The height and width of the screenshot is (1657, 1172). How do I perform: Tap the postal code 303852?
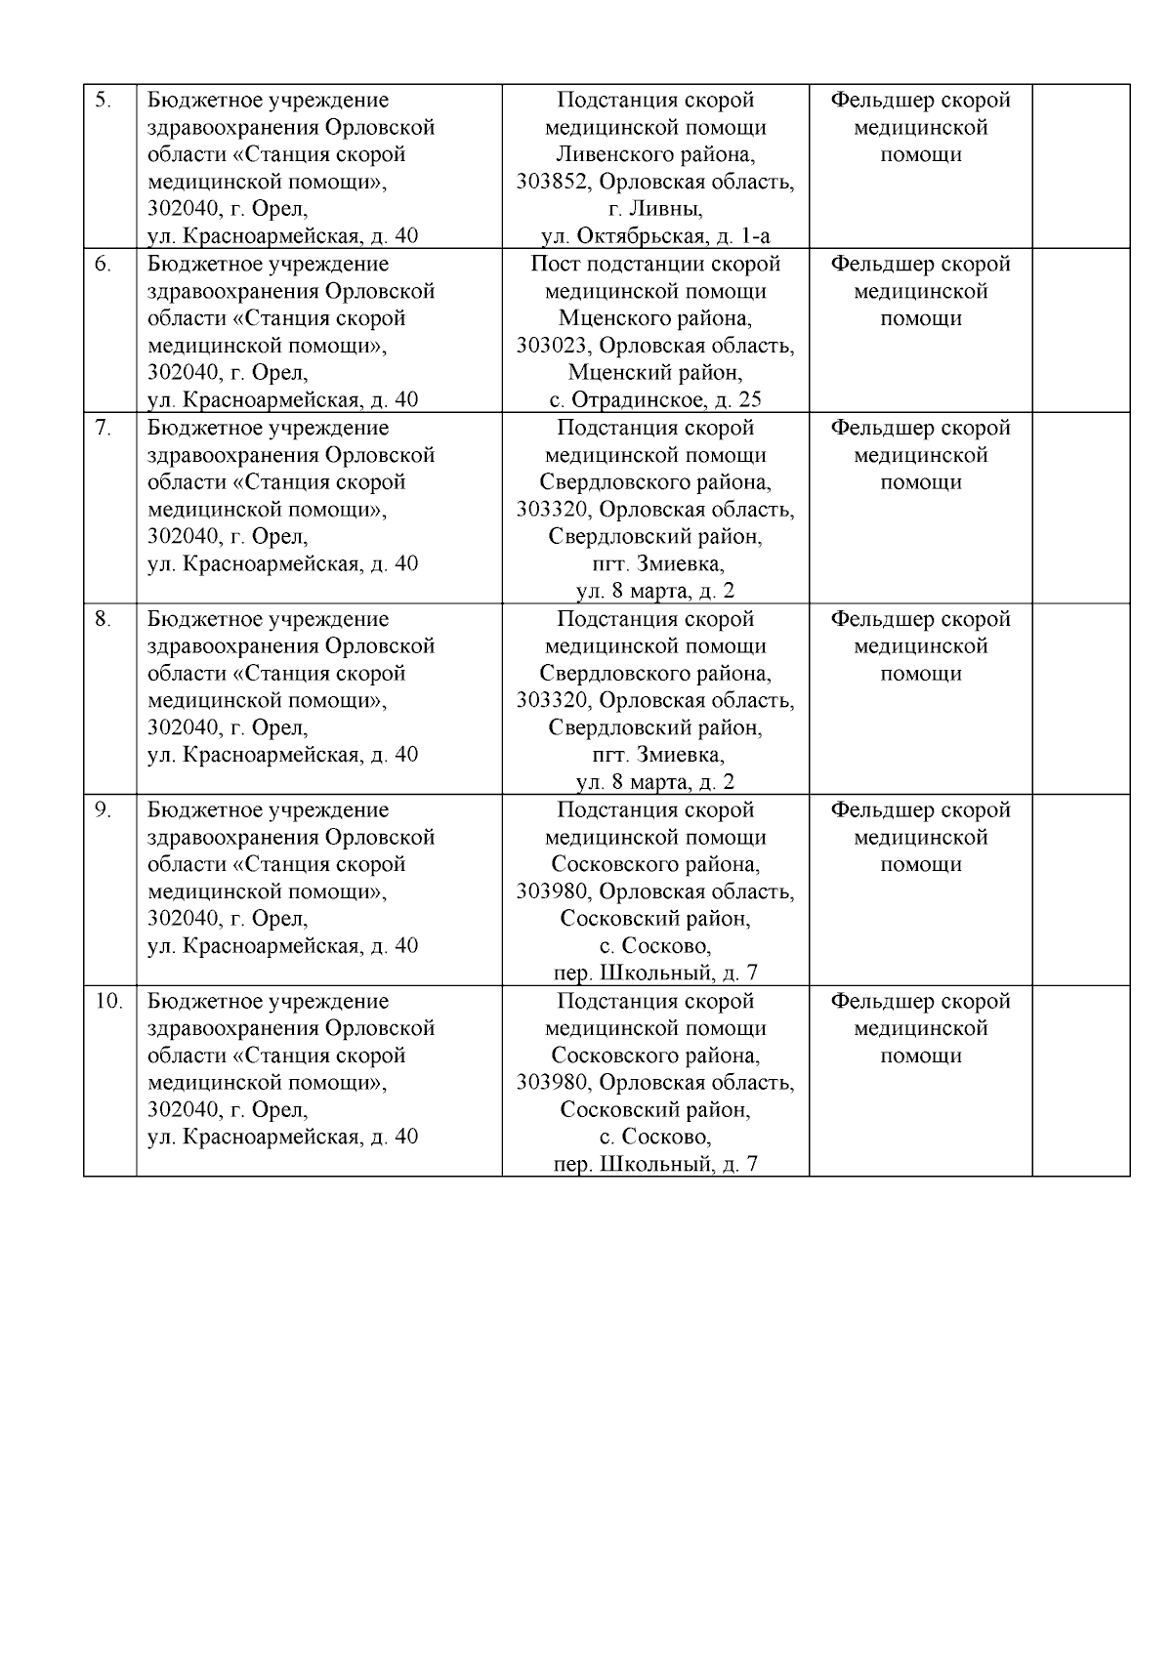(x=553, y=183)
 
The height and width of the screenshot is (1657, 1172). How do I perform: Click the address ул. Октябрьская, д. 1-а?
(x=655, y=236)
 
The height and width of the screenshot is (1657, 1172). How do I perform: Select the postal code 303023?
(x=553, y=346)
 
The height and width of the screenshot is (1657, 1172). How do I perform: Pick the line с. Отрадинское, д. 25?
(x=655, y=400)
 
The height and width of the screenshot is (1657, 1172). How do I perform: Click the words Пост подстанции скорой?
(x=655, y=265)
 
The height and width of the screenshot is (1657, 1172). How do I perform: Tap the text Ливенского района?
(x=655, y=155)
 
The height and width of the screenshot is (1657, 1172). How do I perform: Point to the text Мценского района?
(x=655, y=319)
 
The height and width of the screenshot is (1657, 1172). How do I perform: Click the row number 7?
(x=103, y=428)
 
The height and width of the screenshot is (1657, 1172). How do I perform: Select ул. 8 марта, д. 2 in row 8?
(x=655, y=782)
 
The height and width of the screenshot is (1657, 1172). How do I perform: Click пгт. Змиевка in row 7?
(x=655, y=564)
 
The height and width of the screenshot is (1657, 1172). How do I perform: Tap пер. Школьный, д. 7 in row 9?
(x=655, y=973)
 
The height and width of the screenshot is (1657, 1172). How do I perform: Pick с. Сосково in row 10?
(x=655, y=1138)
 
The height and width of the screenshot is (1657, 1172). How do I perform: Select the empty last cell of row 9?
(x=1080, y=890)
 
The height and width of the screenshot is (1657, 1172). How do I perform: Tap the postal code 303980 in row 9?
(x=553, y=892)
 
